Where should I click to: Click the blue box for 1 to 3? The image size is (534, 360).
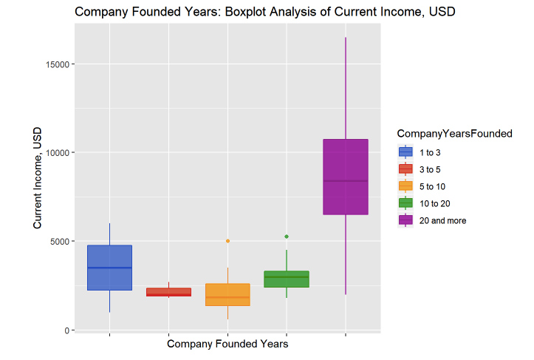[x=109, y=268]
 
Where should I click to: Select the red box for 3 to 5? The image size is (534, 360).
[x=168, y=292]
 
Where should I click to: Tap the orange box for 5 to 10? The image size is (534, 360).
[x=227, y=294]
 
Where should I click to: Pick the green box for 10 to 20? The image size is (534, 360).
[x=287, y=279]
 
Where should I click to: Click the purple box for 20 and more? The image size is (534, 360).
[x=346, y=177]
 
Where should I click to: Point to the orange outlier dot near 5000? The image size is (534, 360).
[x=227, y=241]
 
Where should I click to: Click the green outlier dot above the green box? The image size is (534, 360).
[x=287, y=237]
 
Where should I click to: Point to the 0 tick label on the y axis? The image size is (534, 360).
[x=66, y=330]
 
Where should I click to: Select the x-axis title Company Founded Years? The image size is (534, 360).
[x=227, y=344]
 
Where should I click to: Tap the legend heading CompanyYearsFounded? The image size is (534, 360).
[x=454, y=134]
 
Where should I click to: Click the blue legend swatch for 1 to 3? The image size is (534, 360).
[x=405, y=152]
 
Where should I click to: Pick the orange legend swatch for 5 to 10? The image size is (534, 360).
[x=405, y=186]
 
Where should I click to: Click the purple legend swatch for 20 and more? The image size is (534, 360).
[x=405, y=220]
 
